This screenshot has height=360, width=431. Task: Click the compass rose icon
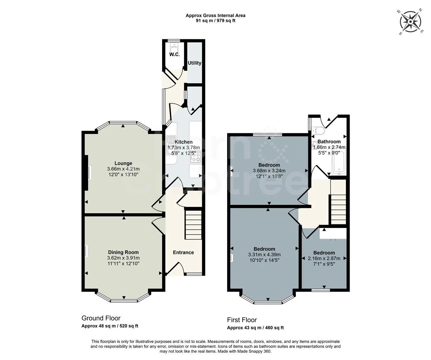click(410, 21)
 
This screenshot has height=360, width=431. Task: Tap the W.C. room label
click(174, 54)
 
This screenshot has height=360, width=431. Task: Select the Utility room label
click(194, 63)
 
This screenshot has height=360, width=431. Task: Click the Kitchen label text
click(183, 142)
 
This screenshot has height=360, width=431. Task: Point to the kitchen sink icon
click(171, 141)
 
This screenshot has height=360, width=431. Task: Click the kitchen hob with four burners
click(195, 157)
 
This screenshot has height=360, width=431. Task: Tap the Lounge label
click(123, 163)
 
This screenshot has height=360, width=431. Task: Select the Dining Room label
click(123, 252)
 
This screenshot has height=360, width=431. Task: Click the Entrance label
click(183, 252)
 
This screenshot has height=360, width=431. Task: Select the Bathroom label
click(329, 142)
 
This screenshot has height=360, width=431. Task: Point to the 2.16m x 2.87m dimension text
click(324, 258)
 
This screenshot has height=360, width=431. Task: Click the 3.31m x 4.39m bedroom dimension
click(264, 255)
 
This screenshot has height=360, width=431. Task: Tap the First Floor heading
click(242, 320)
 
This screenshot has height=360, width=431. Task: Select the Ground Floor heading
click(101, 318)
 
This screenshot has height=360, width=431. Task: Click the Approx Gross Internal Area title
click(215, 15)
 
